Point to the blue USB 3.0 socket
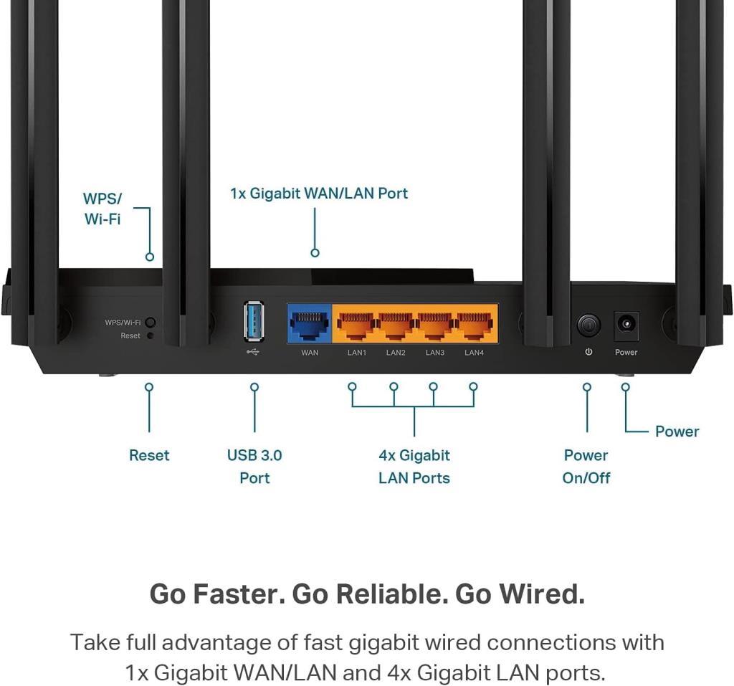[x=254, y=320]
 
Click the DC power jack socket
[x=626, y=325]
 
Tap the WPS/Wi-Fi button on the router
[x=151, y=323]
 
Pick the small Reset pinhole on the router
[x=151, y=335]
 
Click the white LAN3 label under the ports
[x=435, y=353]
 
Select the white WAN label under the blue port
[x=310, y=353]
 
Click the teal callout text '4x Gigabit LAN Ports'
[x=414, y=467]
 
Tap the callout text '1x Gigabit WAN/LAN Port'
[x=319, y=194]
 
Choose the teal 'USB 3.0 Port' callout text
[x=254, y=467]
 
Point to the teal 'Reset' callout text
[x=149, y=455]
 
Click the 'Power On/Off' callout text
[x=586, y=467]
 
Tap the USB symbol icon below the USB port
[x=253, y=352]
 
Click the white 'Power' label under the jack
[x=626, y=353]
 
